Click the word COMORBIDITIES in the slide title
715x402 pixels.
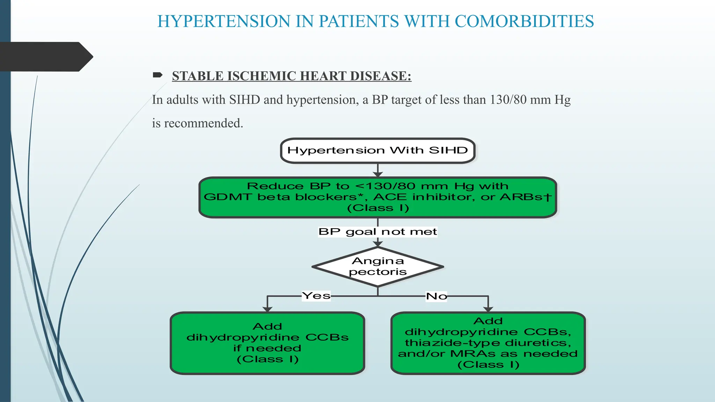pyautogui.click(x=524, y=21)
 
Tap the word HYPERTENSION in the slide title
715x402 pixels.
pyautogui.click(x=224, y=21)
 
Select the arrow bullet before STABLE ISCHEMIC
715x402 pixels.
pyautogui.click(x=157, y=75)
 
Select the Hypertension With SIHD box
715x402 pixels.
pyautogui.click(x=378, y=151)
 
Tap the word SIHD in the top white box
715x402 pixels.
pyautogui.click(x=448, y=150)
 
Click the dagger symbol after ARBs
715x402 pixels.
pyautogui.click(x=547, y=197)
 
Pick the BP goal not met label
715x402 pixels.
pyautogui.click(x=378, y=232)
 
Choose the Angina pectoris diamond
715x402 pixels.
pyautogui.click(x=378, y=267)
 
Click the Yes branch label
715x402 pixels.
pyautogui.click(x=316, y=296)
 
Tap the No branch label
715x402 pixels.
pyautogui.click(x=436, y=296)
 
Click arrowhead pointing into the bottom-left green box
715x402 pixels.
pyautogui.click(x=267, y=309)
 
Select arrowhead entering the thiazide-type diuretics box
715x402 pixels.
pyautogui.click(x=488, y=309)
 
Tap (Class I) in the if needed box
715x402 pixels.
pyautogui.click(x=267, y=359)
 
